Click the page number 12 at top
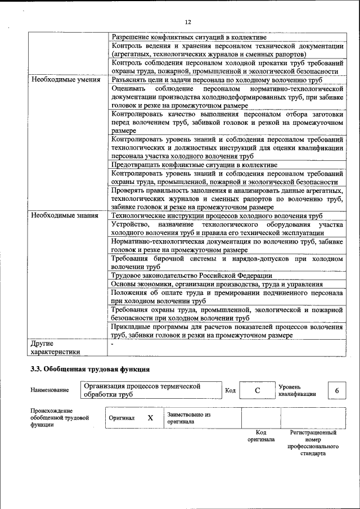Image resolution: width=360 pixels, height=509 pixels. pos(188,22)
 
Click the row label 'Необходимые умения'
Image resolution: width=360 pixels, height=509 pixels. pos(66,79)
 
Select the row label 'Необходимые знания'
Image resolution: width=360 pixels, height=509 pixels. pos(65,215)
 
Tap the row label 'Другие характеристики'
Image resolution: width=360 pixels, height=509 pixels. pos(55,346)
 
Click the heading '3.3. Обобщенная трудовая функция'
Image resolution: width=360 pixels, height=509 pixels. pos(89,370)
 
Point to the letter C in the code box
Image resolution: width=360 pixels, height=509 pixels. pos(256,391)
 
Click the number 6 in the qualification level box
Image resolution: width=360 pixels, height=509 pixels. pos(336,391)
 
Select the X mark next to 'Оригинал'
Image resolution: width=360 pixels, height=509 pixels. pos(150,418)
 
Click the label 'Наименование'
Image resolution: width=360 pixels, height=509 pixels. pos(50,390)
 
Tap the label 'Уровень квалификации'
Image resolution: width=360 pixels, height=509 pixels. pos(296,390)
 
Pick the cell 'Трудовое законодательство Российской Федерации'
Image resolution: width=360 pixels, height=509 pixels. pos(192,276)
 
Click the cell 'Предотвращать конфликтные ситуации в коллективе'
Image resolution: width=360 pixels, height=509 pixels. pos(194,165)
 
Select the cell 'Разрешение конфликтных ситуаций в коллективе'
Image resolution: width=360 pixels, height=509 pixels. pos(189,37)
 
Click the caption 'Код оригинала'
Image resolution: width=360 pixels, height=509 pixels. pos(261,436)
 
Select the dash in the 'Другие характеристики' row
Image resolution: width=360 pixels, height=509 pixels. pos(113,343)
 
